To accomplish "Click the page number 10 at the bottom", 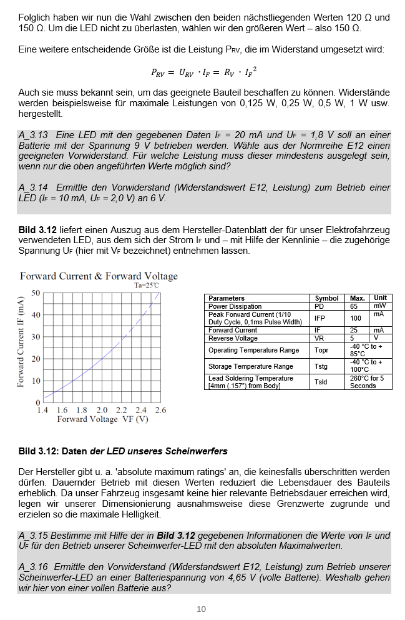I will pyautogui.click(x=201, y=609).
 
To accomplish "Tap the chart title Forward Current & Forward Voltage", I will pyautogui.click(x=99, y=276).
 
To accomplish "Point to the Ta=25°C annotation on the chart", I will pyautogui.click(x=147, y=286).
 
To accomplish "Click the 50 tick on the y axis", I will pyautogui.click(x=36, y=293).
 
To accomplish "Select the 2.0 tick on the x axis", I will pyautogui.click(x=102, y=410).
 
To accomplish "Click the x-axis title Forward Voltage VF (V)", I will pyautogui.click(x=102, y=419).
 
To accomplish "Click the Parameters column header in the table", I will pyautogui.click(x=226, y=298).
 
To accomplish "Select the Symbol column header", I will pyautogui.click(x=326, y=298).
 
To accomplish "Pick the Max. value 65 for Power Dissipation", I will pyautogui.click(x=354, y=306).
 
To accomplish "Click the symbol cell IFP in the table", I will pyautogui.click(x=320, y=318).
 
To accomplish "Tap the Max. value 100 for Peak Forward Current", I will pyautogui.click(x=356, y=318).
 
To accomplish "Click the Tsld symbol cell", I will pyautogui.click(x=321, y=382).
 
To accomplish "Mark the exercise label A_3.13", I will pyautogui.click(x=33, y=135).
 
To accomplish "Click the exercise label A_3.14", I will pyautogui.click(x=33, y=187).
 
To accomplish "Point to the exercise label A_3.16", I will pyautogui.click(x=33, y=567).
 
